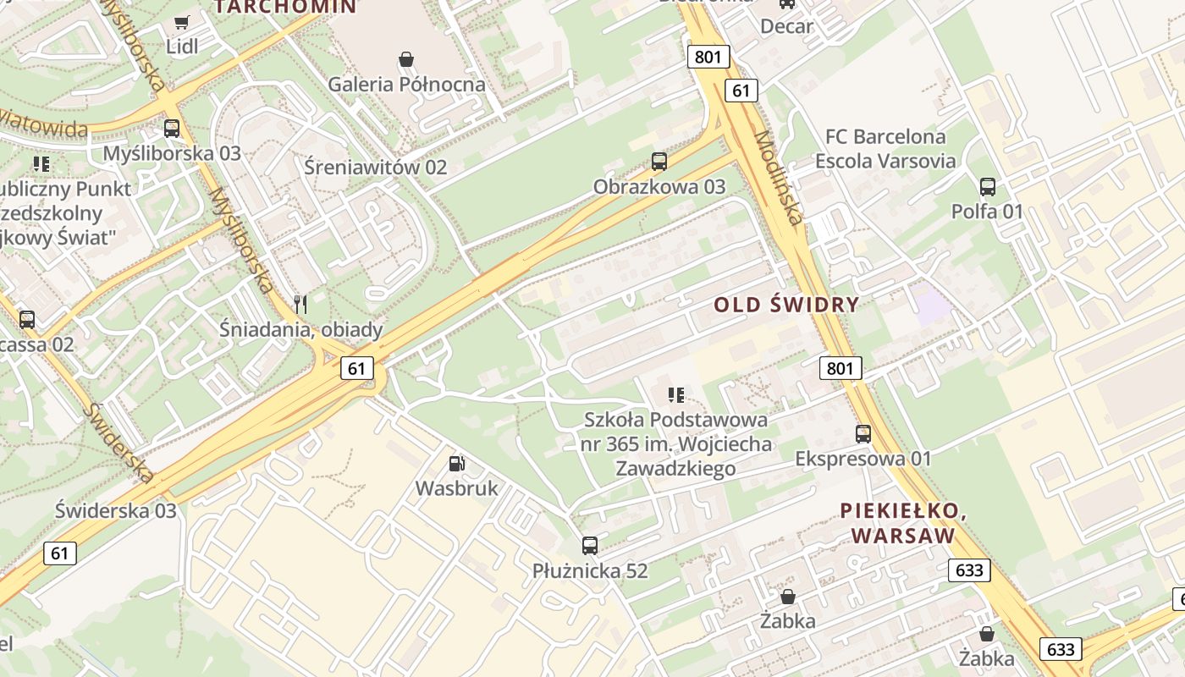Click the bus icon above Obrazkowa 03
point(659,161)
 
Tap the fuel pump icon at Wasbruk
point(456,463)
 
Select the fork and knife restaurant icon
point(300,303)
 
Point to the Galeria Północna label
point(406,84)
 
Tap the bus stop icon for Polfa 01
point(987,186)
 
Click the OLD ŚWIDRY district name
point(786,305)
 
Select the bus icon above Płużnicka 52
point(590,546)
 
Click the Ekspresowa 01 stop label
point(863,459)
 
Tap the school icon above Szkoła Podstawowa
point(675,394)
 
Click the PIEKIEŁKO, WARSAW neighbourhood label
point(903,523)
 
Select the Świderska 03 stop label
point(116,510)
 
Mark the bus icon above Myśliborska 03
point(172,129)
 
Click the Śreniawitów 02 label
point(375,167)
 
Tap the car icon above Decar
point(787,3)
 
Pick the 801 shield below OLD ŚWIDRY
point(841,367)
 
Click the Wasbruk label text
point(456,488)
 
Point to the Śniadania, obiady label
point(300,329)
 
